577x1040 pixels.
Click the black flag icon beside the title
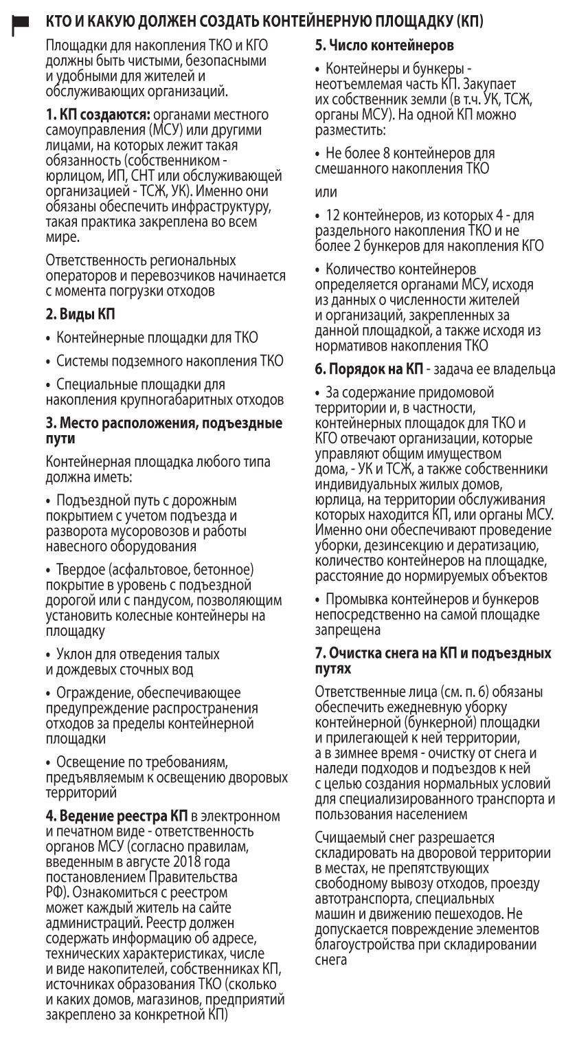click(20, 23)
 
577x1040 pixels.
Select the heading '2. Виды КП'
click(80, 316)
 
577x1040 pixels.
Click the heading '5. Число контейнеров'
click(384, 47)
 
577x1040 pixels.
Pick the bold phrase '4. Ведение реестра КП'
click(116, 815)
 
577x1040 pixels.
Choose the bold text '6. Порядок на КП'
click(369, 370)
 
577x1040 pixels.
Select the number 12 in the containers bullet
click(334, 216)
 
